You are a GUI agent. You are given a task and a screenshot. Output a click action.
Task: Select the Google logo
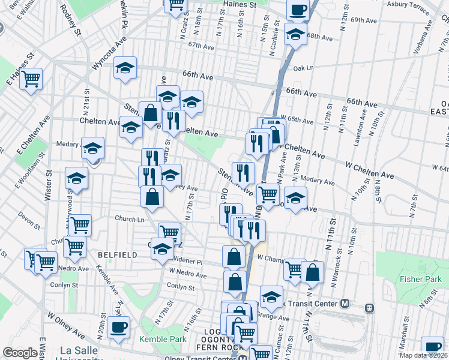[20, 353]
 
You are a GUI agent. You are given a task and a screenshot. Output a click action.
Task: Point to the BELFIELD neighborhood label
[117, 255]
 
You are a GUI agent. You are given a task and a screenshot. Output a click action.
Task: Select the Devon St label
[29, 213]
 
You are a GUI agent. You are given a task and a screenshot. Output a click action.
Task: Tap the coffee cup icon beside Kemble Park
[118, 328]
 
